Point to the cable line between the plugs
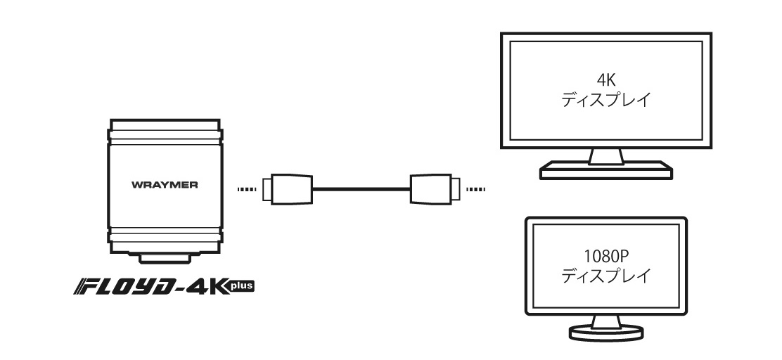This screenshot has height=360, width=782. (360, 188)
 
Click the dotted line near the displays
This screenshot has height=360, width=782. (475, 189)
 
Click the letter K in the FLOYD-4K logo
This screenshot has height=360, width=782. (214, 287)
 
